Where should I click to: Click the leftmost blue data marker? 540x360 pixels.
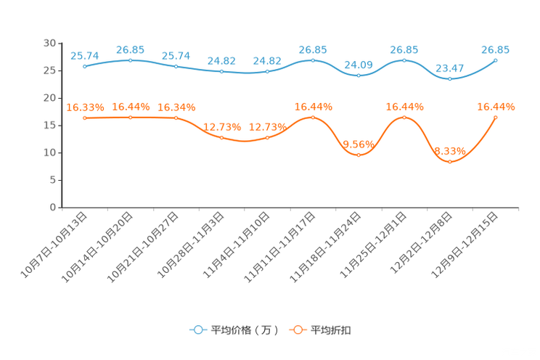[85, 67]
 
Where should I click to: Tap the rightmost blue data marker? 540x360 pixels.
[496, 60]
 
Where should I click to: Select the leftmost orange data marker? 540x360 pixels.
[85, 118]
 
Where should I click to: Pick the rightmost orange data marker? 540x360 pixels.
[496, 117]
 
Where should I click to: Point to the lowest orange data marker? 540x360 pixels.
[450, 162]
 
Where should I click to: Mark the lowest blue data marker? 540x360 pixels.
[450, 78]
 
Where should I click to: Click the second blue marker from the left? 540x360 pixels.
[131, 60]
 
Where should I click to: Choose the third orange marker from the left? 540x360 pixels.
[176, 118]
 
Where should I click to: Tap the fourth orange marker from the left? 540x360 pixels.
[222, 137]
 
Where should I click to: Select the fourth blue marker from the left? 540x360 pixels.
[222, 72]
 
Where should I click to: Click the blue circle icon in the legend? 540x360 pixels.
[197, 330]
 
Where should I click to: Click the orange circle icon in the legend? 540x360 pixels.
[298, 330]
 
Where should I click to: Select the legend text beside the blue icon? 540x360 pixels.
[244, 330]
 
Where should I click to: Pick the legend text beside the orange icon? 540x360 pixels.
[332, 330]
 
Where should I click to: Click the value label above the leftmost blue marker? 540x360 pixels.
[85, 55]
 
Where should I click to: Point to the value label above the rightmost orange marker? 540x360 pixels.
[496, 107]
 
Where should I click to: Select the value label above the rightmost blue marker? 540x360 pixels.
[496, 49]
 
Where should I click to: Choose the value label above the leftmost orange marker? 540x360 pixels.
[85, 107]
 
